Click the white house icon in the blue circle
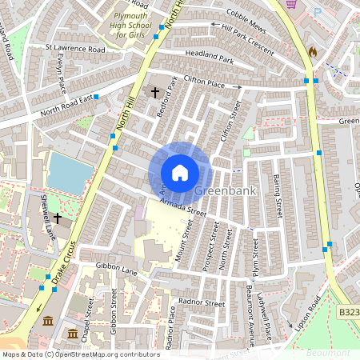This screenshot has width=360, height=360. click(x=180, y=172)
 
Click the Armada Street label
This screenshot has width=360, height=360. click(x=182, y=209)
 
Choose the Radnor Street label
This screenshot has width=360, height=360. click(x=202, y=304)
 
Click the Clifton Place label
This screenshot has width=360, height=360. click(x=206, y=80)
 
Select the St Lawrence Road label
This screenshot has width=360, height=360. click(x=75, y=49)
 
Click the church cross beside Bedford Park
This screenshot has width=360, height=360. click(x=155, y=93)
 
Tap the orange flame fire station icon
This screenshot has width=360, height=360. click(x=312, y=51)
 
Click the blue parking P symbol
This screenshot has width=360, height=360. click(x=318, y=11)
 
